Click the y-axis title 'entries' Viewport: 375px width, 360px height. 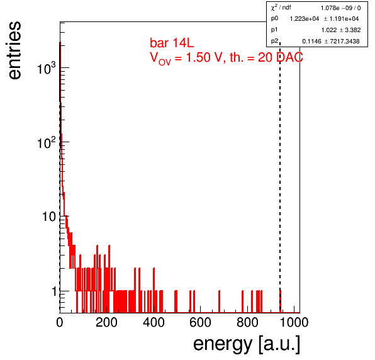(15, 50)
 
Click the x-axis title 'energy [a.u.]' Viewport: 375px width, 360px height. (247, 344)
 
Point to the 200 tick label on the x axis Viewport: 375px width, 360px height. (106, 322)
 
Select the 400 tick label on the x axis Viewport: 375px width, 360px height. (154, 322)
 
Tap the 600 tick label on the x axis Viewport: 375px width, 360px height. (201, 322)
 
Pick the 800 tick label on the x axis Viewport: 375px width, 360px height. (247, 322)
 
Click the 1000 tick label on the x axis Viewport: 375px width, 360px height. (294, 322)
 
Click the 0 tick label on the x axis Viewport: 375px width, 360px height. (60, 322)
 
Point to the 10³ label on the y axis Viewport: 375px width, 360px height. (47, 68)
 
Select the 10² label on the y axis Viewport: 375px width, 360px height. (47, 142)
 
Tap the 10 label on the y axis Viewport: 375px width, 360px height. (49, 217)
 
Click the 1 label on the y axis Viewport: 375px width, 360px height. (55, 291)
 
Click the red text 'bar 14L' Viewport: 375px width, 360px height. (172, 43)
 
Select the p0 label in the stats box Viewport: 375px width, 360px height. (274, 18)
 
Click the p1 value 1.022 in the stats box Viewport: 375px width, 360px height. (329, 30)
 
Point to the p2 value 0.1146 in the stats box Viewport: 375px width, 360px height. (312, 42)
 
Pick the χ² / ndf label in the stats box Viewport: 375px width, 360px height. (281, 8)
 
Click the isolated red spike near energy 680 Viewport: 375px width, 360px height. (220, 301)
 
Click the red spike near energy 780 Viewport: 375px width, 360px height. (242, 301)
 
